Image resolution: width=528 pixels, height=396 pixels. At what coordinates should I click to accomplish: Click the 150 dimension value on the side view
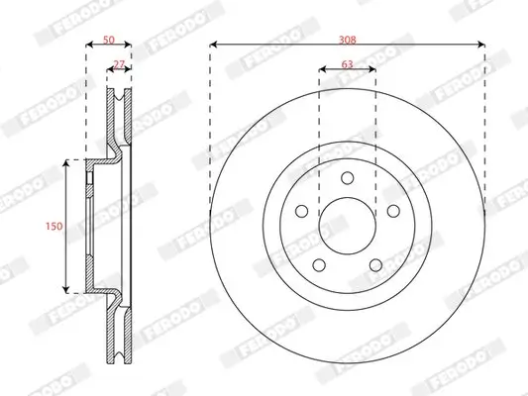tap(55, 226)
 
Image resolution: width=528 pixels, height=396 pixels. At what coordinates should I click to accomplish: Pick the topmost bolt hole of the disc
tap(347, 178)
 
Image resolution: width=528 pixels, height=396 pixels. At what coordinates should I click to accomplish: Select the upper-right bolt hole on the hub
tap(391, 211)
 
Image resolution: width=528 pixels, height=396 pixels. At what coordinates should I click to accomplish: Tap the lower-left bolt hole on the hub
tap(319, 263)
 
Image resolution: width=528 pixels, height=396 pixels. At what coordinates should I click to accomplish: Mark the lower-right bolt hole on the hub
tap(374, 263)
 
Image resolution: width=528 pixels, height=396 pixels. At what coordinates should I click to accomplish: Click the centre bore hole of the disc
tap(347, 225)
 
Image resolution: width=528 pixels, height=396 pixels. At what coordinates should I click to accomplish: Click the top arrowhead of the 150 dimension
tap(67, 161)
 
